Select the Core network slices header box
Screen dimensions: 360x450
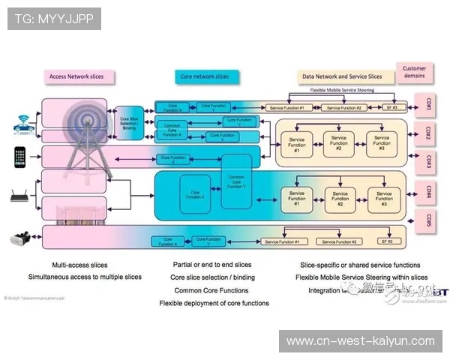pyautogui.click(x=204, y=76)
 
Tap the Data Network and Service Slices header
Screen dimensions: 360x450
pyautogui.click(x=341, y=76)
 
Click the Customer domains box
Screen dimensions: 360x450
pyautogui.click(x=413, y=72)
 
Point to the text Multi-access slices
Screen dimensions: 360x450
pyautogui.click(x=79, y=265)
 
